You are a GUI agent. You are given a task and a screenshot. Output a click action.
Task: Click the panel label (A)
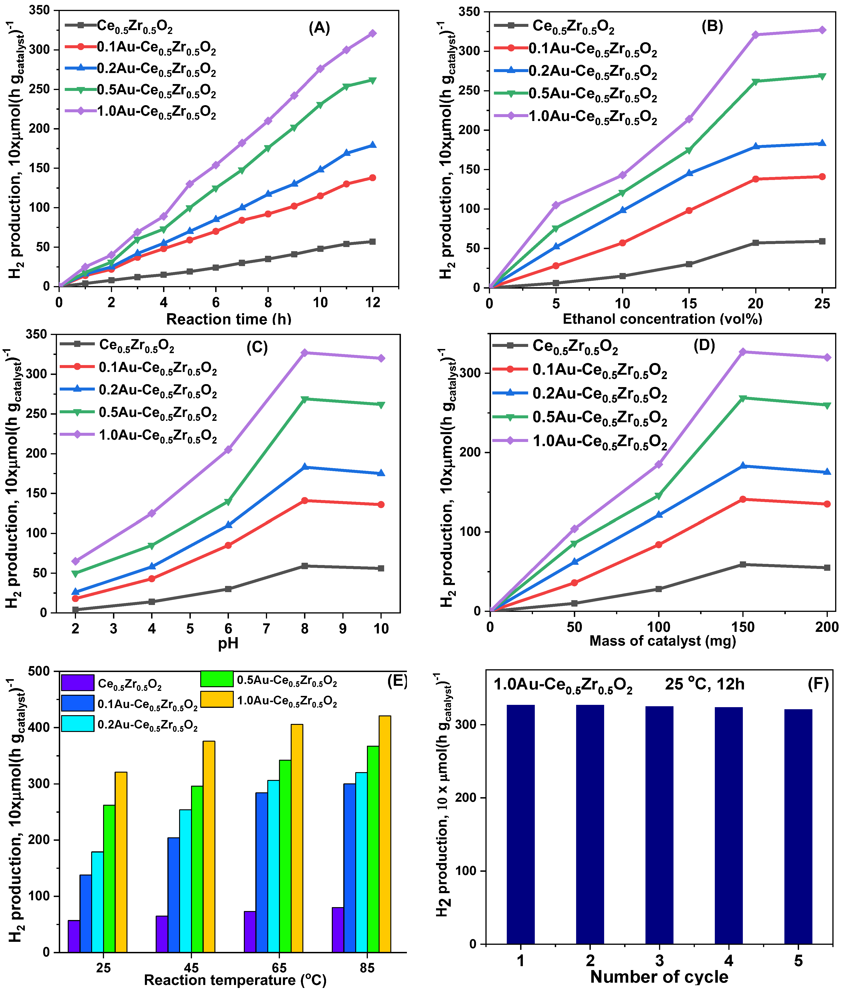[x=319, y=28]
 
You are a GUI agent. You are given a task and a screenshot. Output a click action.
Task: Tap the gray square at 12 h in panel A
[x=372, y=242]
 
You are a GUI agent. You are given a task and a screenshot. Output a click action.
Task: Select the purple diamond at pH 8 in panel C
[x=304, y=353]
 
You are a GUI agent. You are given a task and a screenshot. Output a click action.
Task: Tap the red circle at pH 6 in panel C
[x=228, y=545]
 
